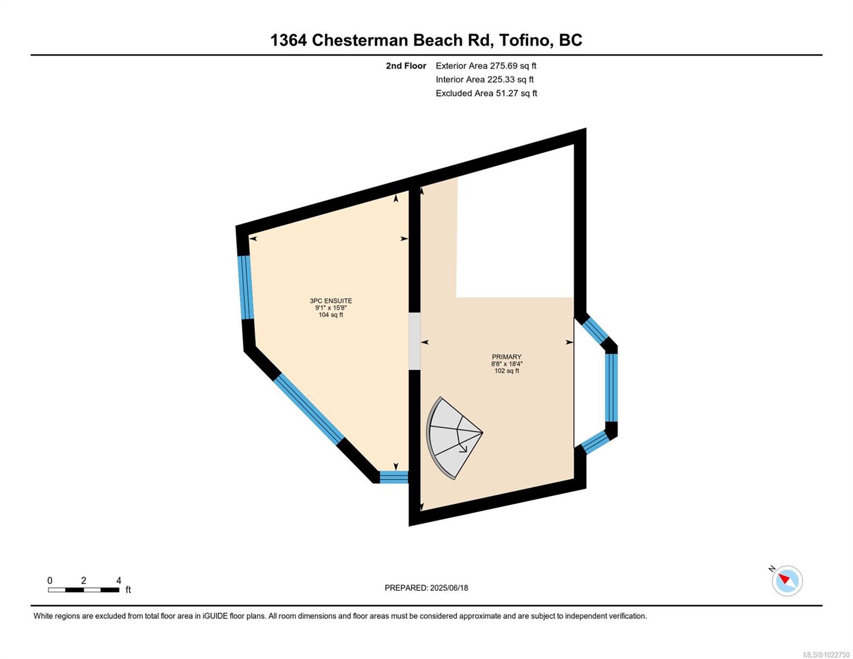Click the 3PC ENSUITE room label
(x=331, y=300)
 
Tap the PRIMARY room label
(x=506, y=356)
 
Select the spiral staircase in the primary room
(x=454, y=438)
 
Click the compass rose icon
(x=787, y=580)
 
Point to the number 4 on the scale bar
(x=119, y=580)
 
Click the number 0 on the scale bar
(x=50, y=580)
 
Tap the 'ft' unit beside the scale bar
(x=128, y=589)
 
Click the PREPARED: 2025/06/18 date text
(x=426, y=588)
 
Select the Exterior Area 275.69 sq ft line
(x=486, y=65)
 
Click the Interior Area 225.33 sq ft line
(x=484, y=79)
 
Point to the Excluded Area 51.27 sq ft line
(x=486, y=93)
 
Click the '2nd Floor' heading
(x=406, y=66)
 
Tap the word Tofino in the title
(x=524, y=40)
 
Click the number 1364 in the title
(x=289, y=40)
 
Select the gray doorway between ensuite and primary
(x=415, y=340)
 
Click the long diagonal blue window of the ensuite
(x=309, y=409)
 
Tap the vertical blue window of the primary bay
(x=611, y=388)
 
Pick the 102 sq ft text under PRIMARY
(x=506, y=371)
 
